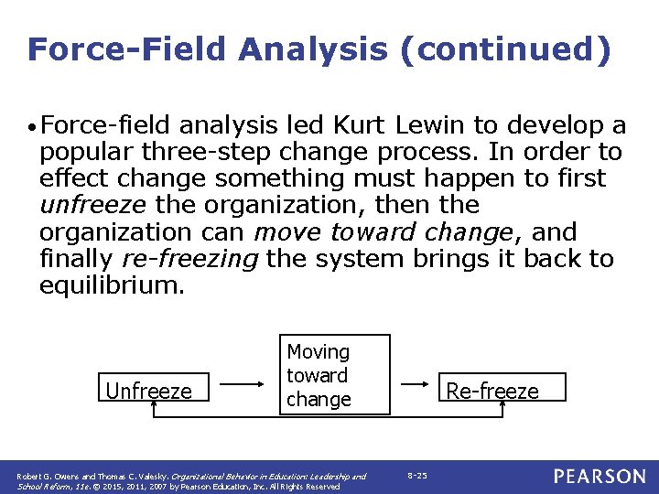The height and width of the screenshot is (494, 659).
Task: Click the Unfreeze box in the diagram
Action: [x=149, y=391]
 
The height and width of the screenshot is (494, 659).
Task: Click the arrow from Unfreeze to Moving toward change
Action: [x=243, y=386]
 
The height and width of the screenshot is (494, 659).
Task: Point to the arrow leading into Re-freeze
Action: [x=423, y=386]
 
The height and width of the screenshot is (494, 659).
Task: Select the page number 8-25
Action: [x=416, y=476]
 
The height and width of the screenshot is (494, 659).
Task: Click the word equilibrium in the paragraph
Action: [x=112, y=285]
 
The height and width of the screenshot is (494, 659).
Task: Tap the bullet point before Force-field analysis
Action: [x=32, y=126]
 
